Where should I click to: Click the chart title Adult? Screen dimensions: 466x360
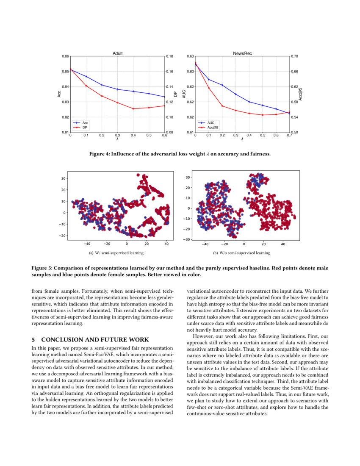(118, 53)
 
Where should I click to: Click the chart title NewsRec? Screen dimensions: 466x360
(242, 53)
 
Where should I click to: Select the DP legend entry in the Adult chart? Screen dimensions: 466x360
(85, 127)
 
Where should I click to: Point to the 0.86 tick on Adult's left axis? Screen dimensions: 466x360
(65, 56)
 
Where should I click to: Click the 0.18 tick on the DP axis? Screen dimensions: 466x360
(170, 56)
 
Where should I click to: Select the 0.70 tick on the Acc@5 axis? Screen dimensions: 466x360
(295, 56)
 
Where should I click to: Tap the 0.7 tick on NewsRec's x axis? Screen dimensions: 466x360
(289, 136)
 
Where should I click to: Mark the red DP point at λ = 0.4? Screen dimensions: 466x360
(133, 109)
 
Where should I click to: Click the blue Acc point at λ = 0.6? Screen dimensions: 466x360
(164, 97)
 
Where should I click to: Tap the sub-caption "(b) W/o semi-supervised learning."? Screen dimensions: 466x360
(242, 253)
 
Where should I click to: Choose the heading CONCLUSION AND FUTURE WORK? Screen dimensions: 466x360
(95, 339)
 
